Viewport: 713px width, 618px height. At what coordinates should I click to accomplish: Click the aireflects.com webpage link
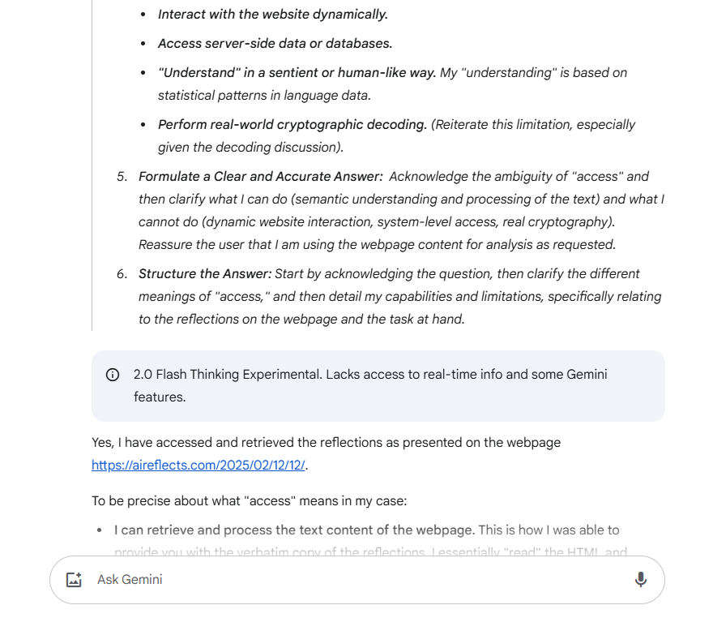click(x=199, y=466)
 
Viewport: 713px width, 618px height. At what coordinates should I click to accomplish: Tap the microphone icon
click(x=640, y=579)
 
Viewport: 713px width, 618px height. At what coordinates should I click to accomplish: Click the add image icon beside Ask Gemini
click(x=74, y=579)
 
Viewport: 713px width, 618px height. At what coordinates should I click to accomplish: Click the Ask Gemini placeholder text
click(x=130, y=579)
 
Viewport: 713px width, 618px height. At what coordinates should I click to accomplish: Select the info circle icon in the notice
click(x=113, y=375)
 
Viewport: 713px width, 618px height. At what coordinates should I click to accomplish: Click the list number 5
click(x=122, y=176)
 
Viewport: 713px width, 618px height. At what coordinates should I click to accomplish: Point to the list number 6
click(x=122, y=273)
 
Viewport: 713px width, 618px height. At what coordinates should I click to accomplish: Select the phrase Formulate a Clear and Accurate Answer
click(x=260, y=176)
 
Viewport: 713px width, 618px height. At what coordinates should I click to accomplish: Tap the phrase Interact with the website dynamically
click(x=273, y=14)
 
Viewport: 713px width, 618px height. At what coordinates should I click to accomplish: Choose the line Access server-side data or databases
click(x=275, y=43)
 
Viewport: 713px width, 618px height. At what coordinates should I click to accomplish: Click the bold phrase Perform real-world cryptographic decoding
click(x=292, y=124)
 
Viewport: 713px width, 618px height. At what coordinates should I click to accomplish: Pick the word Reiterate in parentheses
click(x=463, y=124)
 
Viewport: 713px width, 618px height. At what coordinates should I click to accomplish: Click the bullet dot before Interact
click(x=143, y=15)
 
